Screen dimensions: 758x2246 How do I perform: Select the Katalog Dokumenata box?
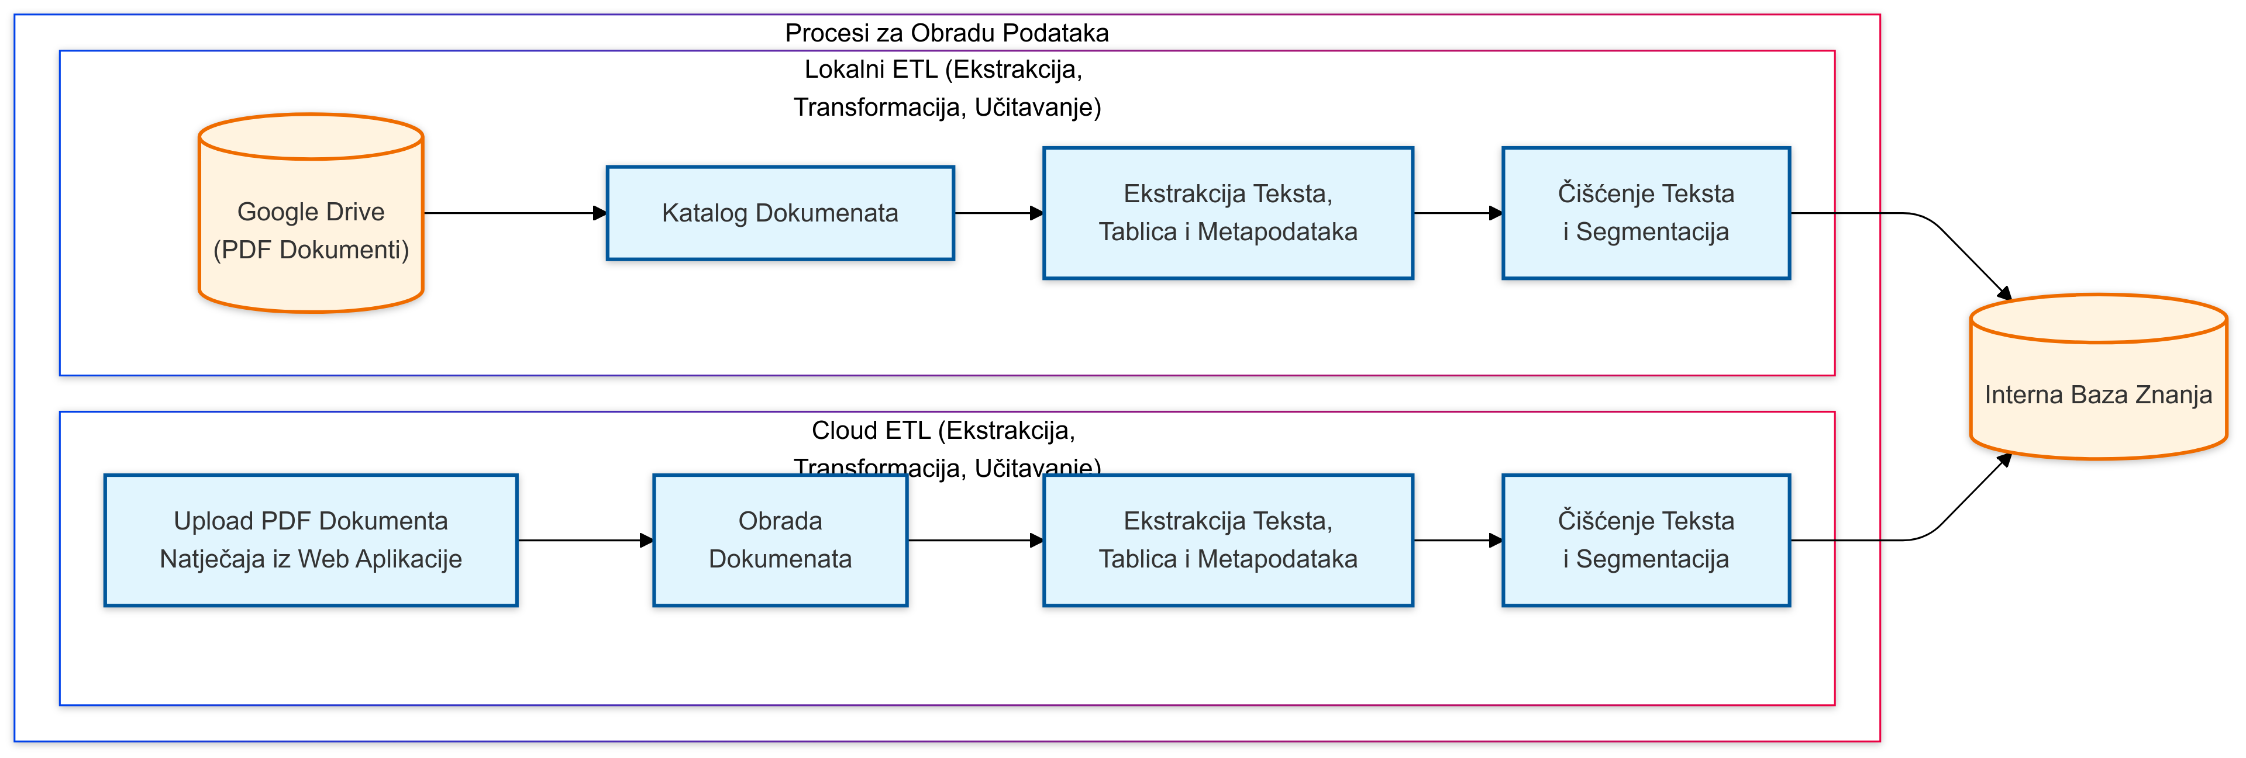coord(780,213)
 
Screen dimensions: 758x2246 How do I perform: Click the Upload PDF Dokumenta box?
coord(311,540)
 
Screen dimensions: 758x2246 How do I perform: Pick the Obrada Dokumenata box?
coord(780,540)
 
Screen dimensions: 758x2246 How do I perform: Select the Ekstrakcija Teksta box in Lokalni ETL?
coord(1228,213)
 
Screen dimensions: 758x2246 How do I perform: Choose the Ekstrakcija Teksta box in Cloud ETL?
coord(1228,540)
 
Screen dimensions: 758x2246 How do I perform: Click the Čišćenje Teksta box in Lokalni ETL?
coord(1645,213)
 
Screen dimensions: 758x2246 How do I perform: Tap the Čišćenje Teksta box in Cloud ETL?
coord(1645,540)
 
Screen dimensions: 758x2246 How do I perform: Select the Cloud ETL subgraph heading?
coord(943,430)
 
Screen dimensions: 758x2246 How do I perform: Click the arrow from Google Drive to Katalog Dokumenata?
coord(515,213)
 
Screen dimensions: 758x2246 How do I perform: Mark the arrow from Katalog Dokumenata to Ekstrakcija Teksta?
coord(998,213)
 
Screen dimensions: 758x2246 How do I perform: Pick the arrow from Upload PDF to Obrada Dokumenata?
coord(584,540)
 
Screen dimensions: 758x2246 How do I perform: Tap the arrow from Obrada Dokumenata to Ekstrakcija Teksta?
coord(975,540)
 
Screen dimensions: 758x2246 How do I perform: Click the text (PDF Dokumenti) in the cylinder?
coord(311,250)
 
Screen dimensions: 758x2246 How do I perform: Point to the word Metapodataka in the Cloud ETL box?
coord(1277,559)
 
